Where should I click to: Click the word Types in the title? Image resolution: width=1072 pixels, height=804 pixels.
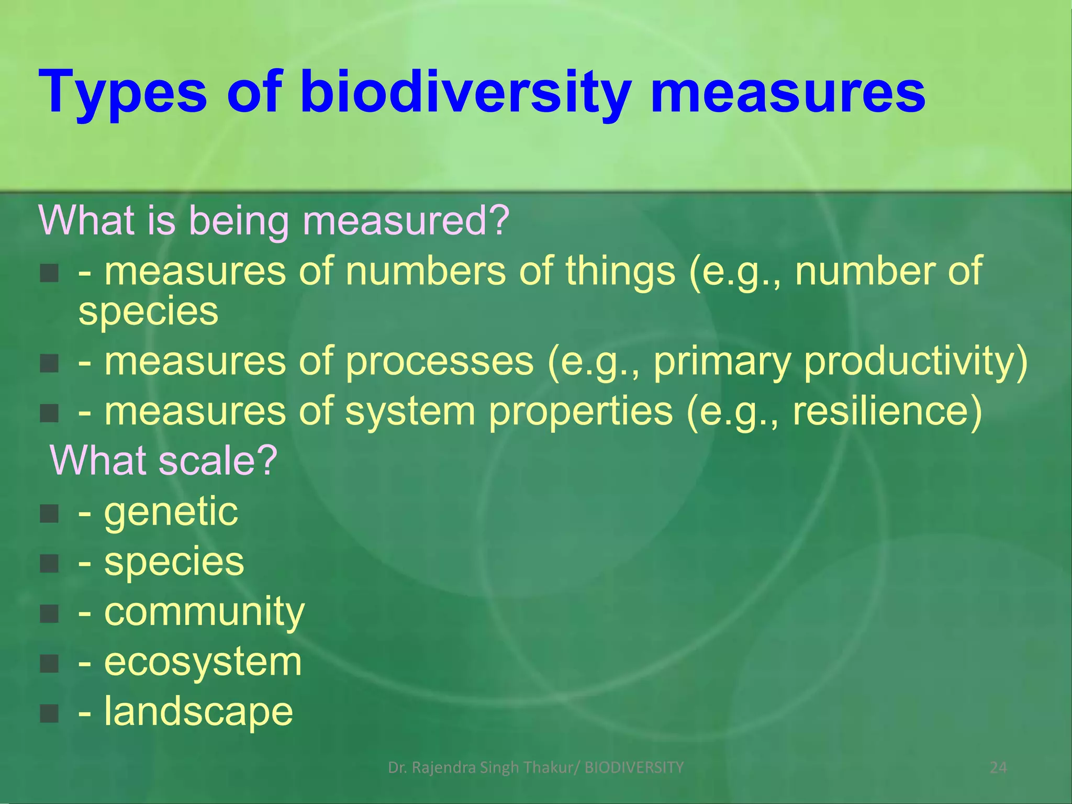[x=123, y=93]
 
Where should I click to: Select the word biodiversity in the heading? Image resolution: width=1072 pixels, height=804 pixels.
[x=466, y=93]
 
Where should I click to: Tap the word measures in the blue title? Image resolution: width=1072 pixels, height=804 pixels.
[x=788, y=93]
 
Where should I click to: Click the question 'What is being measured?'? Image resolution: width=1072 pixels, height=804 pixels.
[x=274, y=220]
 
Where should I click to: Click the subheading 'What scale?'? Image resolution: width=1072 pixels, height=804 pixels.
[x=163, y=460]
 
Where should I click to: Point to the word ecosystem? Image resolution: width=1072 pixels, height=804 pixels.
[x=203, y=662]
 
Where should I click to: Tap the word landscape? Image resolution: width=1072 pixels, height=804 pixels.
[x=198, y=711]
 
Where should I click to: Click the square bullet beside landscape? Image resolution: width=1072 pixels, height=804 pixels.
[x=49, y=713]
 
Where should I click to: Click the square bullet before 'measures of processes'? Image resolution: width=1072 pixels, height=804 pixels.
[x=49, y=363]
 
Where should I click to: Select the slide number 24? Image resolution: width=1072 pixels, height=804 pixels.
[x=998, y=767]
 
